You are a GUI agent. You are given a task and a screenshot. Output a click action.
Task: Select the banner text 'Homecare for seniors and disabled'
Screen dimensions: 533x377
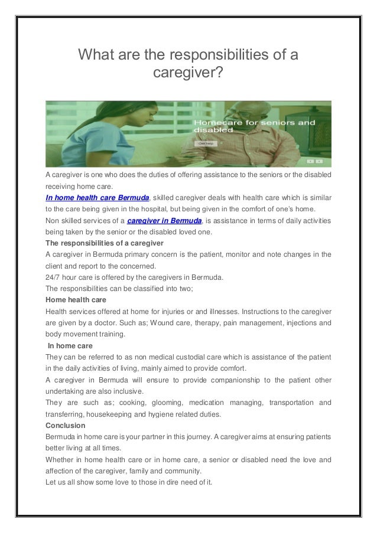tap(254, 125)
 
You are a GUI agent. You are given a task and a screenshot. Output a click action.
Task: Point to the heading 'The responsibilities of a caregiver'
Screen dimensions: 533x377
tap(105, 243)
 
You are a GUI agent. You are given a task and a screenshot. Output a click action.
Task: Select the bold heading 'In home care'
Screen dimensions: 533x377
tap(70, 345)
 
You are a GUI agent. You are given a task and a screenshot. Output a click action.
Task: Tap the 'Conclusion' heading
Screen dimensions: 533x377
tap(66, 425)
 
